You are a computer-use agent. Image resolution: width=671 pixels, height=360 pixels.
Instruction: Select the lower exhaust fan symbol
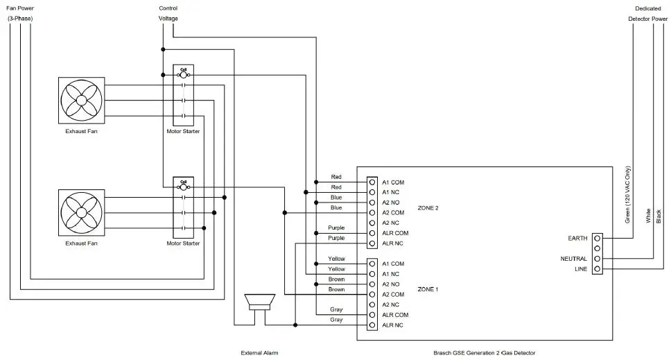[x=81, y=212]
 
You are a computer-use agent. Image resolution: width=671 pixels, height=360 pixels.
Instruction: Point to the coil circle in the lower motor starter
[x=184, y=187]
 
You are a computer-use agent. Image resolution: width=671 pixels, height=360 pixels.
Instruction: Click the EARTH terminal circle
[x=597, y=238]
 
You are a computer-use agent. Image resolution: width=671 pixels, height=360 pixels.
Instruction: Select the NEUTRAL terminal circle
[x=597, y=259]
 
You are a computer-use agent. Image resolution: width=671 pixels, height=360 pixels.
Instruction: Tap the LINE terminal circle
[x=597, y=269]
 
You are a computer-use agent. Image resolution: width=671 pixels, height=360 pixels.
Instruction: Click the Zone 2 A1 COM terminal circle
[x=372, y=182]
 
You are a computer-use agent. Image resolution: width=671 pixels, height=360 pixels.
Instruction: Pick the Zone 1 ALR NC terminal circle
[x=372, y=325]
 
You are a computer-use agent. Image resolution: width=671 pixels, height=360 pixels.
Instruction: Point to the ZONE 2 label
[x=428, y=207]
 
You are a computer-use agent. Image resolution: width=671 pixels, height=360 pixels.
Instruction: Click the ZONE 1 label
[x=428, y=289]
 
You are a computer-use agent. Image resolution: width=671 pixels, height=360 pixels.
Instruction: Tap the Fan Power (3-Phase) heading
[x=21, y=13]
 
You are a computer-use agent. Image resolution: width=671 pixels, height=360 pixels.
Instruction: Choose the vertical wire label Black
[x=658, y=216]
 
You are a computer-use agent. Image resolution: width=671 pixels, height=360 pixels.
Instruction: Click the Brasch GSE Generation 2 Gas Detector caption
[x=484, y=353]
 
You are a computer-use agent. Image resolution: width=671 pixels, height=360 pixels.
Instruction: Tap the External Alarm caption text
[x=259, y=353]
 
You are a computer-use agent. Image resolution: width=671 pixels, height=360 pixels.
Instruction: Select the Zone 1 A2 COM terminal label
[x=393, y=295]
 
